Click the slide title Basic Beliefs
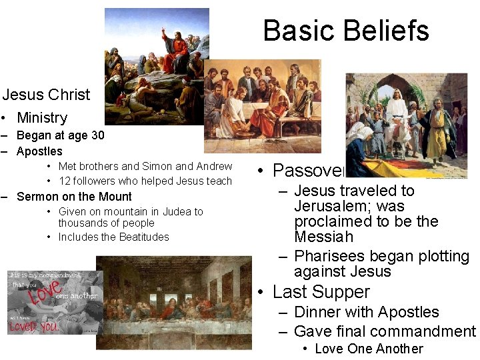pos(345,31)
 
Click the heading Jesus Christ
pos(46,95)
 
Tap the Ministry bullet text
pos(42,118)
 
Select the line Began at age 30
pos(60,135)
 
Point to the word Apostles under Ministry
pos(39,151)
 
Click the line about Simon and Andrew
pos(145,167)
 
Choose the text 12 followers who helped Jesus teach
pos(145,181)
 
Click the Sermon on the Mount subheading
pos(74,197)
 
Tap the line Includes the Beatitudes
pos(113,237)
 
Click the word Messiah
pos(323,237)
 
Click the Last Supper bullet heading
pos(321,292)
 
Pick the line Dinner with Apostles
pos(366,312)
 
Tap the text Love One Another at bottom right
pos(369,349)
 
